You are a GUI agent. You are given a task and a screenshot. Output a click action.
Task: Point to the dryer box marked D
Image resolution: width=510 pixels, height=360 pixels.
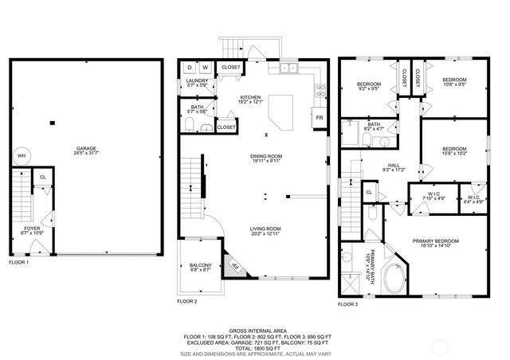point(190,68)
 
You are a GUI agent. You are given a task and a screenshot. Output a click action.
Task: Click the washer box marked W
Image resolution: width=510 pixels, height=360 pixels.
point(206,68)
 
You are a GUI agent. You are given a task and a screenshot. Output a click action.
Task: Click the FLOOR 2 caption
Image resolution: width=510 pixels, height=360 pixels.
point(186,302)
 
